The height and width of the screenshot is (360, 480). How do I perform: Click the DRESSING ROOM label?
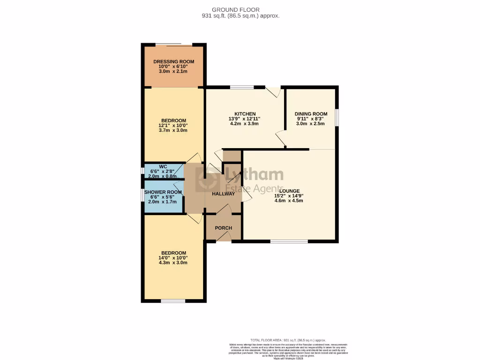pyautogui.click(x=173, y=61)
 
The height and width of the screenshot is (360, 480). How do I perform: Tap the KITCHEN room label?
pyautogui.click(x=245, y=114)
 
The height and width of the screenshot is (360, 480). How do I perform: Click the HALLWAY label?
pyautogui.click(x=223, y=194)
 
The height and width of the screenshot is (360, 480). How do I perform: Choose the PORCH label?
pyautogui.click(x=223, y=228)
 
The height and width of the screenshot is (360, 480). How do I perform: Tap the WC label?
pyautogui.click(x=163, y=166)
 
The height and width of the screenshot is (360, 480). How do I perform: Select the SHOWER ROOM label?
pyautogui.click(x=163, y=192)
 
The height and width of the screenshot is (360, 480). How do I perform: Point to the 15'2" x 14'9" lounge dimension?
pyautogui.click(x=288, y=196)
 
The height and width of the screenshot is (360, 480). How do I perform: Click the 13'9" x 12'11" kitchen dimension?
pyautogui.click(x=245, y=119)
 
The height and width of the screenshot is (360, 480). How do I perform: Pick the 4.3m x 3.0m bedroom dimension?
pyautogui.click(x=173, y=262)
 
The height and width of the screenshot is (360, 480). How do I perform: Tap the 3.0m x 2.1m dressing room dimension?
pyautogui.click(x=173, y=71)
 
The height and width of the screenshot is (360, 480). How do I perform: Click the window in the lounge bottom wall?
pyautogui.click(x=289, y=241)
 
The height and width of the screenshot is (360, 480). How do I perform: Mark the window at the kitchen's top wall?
pyautogui.click(x=242, y=87)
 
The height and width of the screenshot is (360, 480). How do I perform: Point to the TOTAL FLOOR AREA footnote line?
pyautogui.click(x=288, y=340)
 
